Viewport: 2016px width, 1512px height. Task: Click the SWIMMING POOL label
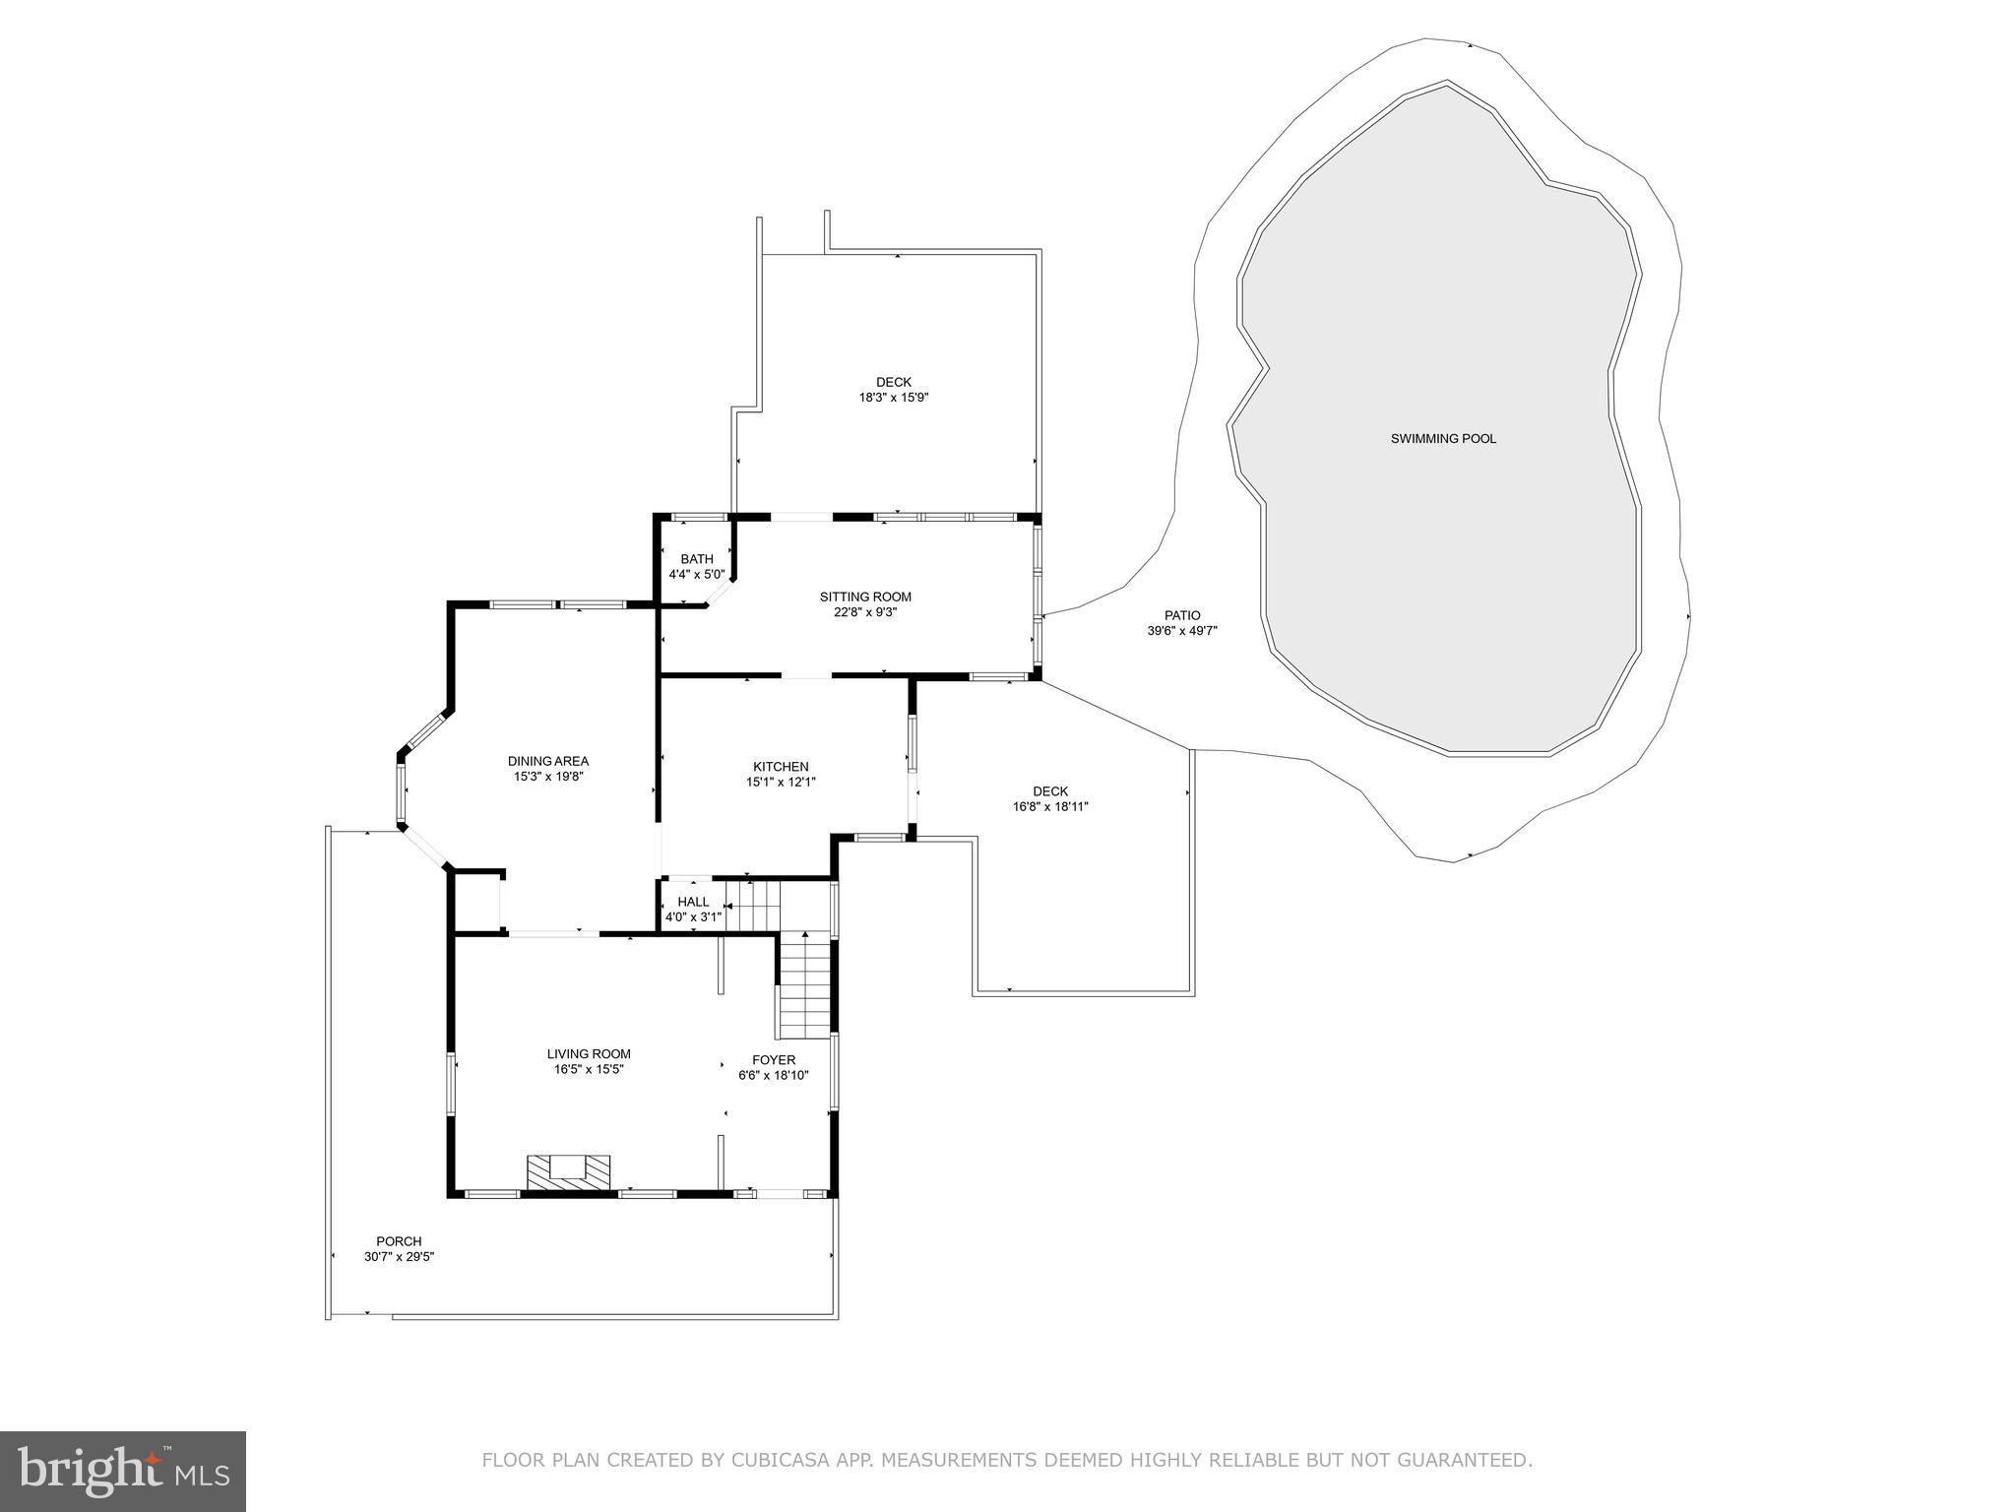tap(1443, 439)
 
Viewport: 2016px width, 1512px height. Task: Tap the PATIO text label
tap(1182, 615)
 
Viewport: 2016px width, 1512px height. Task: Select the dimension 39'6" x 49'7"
tap(1182, 631)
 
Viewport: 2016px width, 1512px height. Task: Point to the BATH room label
tap(697, 559)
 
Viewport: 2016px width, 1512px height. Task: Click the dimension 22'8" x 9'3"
tap(865, 611)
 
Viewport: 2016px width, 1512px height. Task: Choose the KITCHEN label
tap(781, 767)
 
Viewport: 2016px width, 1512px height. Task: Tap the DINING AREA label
tap(548, 761)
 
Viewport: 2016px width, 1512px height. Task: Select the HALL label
tap(693, 902)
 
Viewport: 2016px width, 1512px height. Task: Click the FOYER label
tap(774, 1060)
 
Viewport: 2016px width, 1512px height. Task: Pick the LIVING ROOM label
tap(589, 1054)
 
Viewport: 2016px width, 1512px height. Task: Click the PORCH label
tap(399, 1241)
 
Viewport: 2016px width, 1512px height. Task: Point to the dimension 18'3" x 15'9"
tap(894, 398)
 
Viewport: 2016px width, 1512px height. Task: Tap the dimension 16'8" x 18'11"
tap(1050, 806)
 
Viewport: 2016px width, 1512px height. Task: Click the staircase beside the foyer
tap(805, 984)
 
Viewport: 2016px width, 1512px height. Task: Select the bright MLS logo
tap(123, 1471)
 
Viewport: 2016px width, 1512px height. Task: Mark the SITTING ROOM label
tap(865, 597)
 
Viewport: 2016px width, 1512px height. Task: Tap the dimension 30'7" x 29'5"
tap(399, 1256)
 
